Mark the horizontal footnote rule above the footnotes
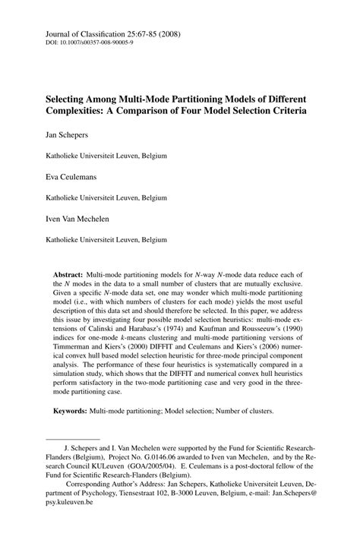coord(73,437)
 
